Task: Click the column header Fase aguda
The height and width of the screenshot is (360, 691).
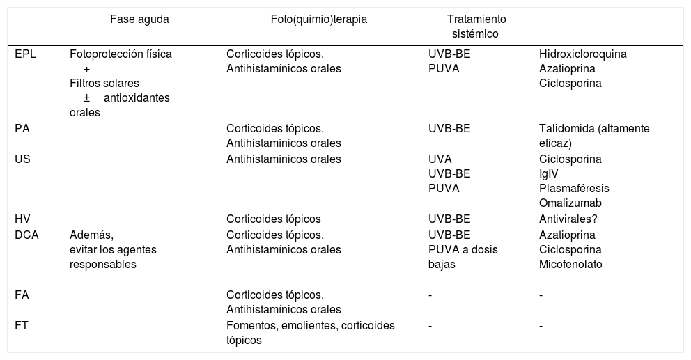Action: (x=139, y=19)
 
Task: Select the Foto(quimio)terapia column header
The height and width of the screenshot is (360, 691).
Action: (x=318, y=19)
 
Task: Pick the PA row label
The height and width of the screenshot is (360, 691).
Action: (x=22, y=128)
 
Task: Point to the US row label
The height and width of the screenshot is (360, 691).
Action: (x=22, y=159)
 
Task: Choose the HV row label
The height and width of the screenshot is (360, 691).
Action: (x=22, y=219)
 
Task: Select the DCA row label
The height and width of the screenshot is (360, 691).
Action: (x=26, y=235)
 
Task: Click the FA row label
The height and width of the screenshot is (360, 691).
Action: (x=22, y=295)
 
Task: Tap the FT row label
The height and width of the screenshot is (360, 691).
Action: (x=22, y=325)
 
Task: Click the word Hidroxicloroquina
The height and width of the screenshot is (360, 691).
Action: (x=582, y=54)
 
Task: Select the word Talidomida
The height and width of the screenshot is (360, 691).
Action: (x=563, y=128)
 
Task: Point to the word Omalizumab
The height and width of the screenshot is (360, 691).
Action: (x=570, y=203)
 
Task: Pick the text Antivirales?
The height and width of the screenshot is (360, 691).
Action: (x=568, y=219)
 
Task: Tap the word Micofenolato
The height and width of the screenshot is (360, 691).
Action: (x=570, y=265)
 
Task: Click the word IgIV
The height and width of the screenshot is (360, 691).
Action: (x=549, y=173)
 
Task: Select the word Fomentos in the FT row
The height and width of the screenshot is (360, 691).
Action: (x=250, y=325)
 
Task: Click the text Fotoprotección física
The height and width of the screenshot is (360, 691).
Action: (x=121, y=54)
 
